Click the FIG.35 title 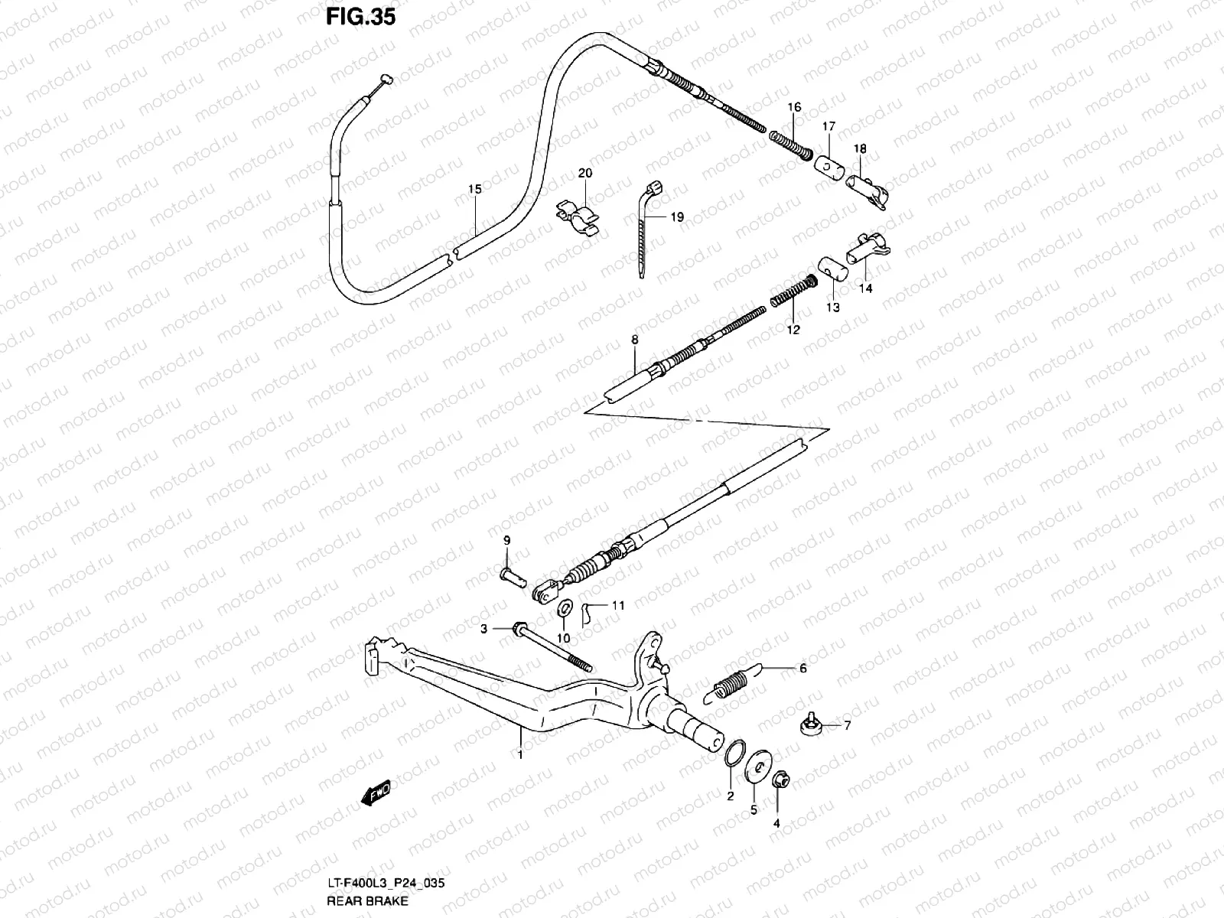[x=360, y=16]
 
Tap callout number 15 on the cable [x=474, y=189]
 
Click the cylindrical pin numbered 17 [x=827, y=166]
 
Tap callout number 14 [x=865, y=288]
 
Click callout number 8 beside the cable [x=634, y=338]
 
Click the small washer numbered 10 [x=565, y=607]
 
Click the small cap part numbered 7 [x=812, y=724]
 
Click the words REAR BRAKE [x=367, y=900]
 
